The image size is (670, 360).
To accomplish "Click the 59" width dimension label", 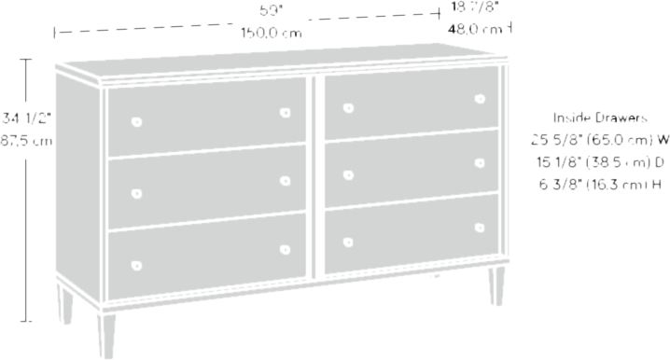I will pos(269,12).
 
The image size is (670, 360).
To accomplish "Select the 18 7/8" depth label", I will pos(475,8).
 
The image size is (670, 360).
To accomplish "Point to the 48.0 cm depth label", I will pos(475,30).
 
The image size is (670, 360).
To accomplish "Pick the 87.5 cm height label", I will pos(26,142).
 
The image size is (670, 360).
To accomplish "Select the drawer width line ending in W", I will pos(598,142).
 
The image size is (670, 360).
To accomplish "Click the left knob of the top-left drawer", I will pos(136,123).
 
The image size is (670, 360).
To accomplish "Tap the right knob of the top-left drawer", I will pos(285,113).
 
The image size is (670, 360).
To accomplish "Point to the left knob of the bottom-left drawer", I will pos(136,263).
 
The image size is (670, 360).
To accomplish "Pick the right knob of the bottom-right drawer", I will pos(481,226).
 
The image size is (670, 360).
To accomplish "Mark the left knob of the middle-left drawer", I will pos(136,193).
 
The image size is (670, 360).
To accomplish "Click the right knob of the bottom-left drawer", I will pos(285,249).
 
